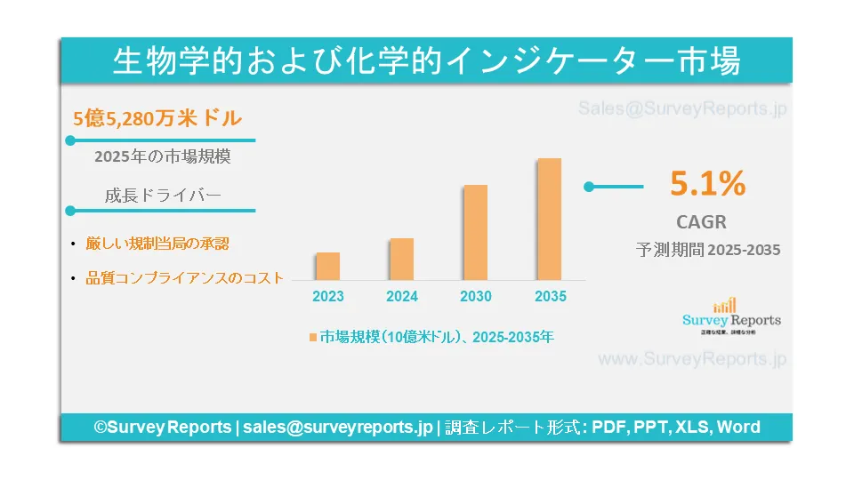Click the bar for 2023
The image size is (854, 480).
click(327, 266)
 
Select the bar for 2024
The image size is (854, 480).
click(402, 259)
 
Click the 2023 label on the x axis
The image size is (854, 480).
click(328, 296)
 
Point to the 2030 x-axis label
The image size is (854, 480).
click(476, 296)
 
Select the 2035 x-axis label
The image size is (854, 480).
click(550, 296)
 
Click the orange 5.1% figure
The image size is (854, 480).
click(707, 184)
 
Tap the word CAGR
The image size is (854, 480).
click(701, 221)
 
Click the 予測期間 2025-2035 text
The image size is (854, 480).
click(708, 250)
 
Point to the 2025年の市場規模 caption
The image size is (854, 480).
click(162, 156)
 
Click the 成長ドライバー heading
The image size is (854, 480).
click(162, 196)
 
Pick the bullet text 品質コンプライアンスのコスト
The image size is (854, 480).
click(184, 277)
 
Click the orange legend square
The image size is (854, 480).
click(312, 338)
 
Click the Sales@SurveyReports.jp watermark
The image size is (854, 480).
click(682, 109)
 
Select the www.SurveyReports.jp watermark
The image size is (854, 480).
click(692, 359)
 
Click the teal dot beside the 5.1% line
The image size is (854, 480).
click(588, 187)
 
